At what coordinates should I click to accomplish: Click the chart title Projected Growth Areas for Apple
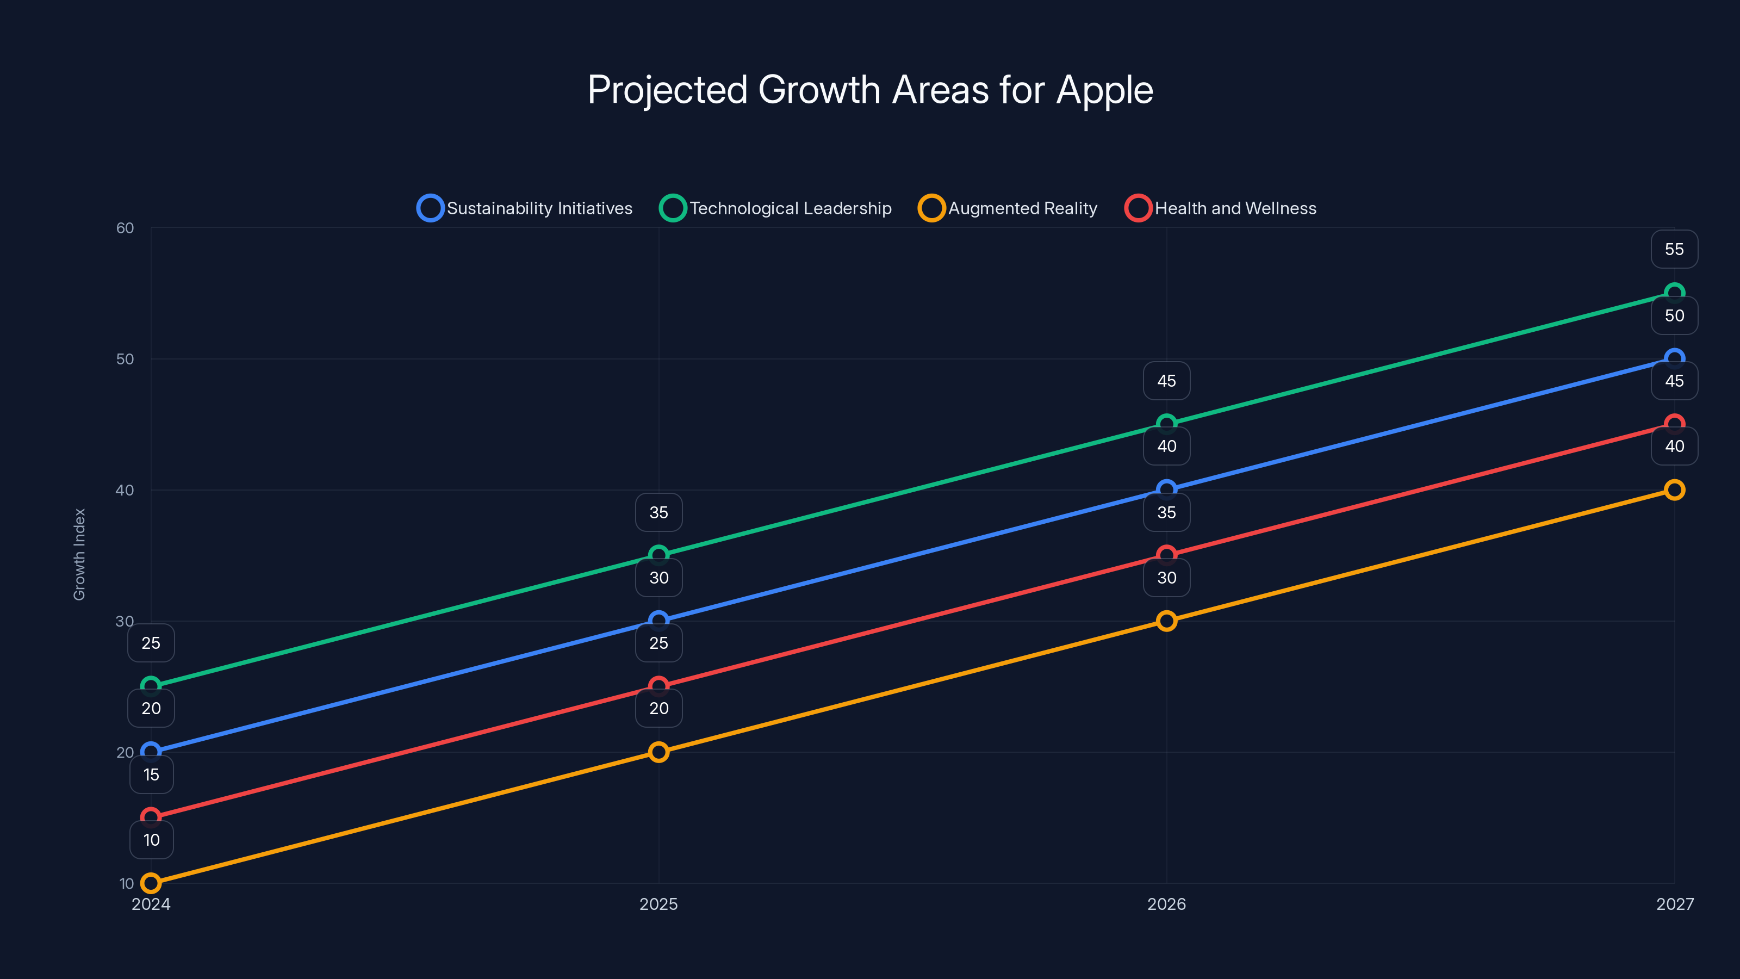870,90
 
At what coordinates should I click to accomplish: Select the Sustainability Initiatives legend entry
525,208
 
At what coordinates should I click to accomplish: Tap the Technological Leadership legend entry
775,208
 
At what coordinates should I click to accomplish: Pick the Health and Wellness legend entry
1221,208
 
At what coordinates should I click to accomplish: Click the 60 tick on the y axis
125,228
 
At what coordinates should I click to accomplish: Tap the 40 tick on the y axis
125,490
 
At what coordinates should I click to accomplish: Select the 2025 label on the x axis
658,904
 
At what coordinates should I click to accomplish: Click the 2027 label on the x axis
1675,904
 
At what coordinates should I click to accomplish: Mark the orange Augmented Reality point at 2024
151,883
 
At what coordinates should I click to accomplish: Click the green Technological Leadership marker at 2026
1166,424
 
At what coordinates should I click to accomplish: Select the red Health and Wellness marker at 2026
1166,555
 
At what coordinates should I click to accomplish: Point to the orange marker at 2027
1675,490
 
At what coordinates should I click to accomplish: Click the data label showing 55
1675,249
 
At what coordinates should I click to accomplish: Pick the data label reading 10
151,840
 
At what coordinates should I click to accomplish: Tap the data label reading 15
151,774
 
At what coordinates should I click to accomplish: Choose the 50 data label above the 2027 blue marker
1675,315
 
